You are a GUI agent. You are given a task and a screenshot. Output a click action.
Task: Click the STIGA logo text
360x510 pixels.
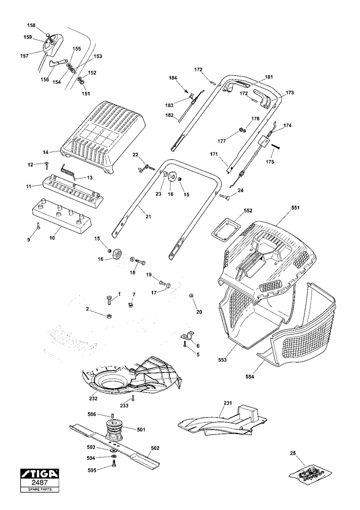tap(39, 474)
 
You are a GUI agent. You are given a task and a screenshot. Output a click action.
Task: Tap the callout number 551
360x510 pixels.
tap(295, 208)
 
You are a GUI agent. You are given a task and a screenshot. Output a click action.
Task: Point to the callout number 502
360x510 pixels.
tap(156, 448)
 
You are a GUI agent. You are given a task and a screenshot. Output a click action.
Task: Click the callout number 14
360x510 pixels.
tap(45, 152)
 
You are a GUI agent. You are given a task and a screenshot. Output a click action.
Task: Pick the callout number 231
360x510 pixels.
tap(227, 403)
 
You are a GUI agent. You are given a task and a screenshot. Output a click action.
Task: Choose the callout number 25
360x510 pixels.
tap(293, 453)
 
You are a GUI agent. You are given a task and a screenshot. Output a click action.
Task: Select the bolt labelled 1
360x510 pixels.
tap(109, 299)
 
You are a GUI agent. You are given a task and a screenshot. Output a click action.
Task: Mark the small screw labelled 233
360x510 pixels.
tap(133, 398)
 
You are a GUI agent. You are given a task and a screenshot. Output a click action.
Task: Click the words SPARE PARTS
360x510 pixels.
tap(39, 490)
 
